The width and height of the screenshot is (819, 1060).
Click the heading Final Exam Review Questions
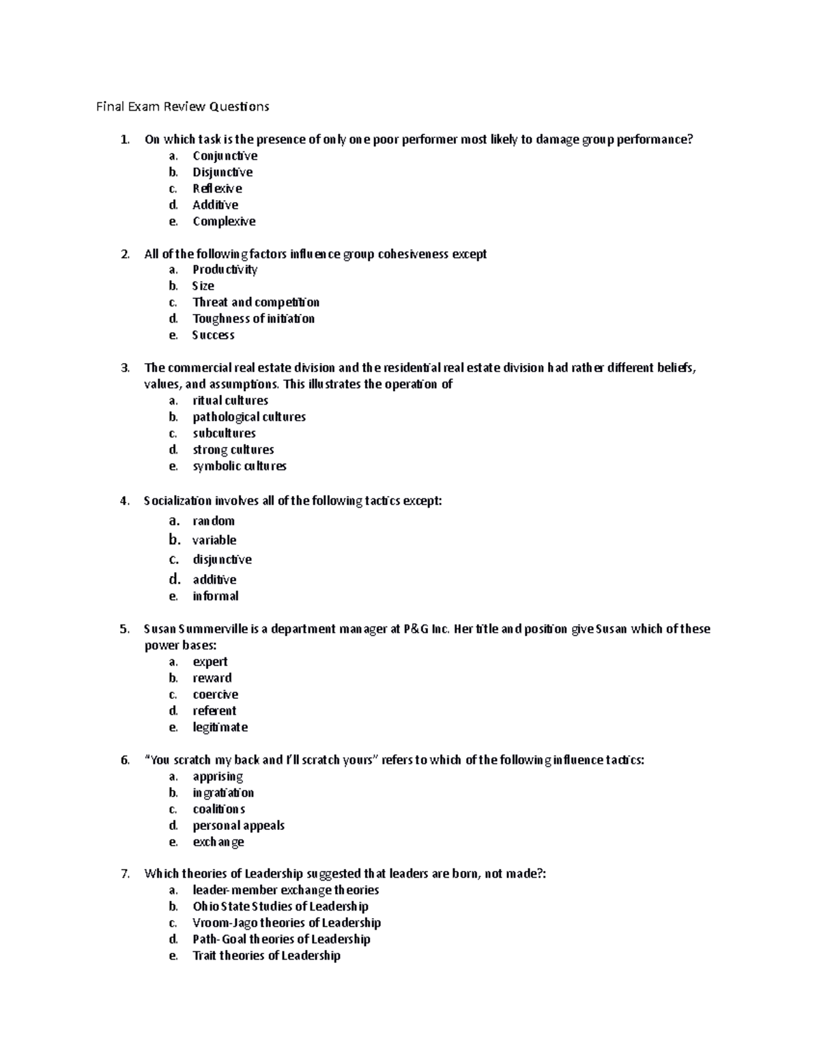pyautogui.click(x=182, y=106)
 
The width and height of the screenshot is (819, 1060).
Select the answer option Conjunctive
pyautogui.click(x=225, y=156)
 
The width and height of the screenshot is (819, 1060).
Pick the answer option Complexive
pyautogui.click(x=224, y=221)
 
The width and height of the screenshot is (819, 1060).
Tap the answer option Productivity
pyautogui.click(x=225, y=270)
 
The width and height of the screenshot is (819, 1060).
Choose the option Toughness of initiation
pyautogui.click(x=253, y=319)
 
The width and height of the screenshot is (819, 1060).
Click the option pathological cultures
pyautogui.click(x=249, y=417)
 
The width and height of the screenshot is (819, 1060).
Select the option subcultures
pyautogui.click(x=224, y=433)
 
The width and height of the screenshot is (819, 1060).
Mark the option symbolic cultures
pyautogui.click(x=240, y=466)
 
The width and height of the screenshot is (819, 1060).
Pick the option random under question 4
pyautogui.click(x=214, y=521)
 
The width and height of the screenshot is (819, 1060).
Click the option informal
pyautogui.click(x=216, y=596)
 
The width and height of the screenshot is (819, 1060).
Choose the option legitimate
pyautogui.click(x=220, y=727)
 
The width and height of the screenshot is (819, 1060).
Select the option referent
pyautogui.click(x=214, y=711)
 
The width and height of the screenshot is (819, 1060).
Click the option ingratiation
pyautogui.click(x=223, y=792)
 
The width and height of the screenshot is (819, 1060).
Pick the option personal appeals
pyautogui.click(x=238, y=825)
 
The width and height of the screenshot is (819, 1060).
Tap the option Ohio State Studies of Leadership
pyautogui.click(x=281, y=906)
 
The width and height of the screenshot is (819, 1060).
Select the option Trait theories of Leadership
pyautogui.click(x=266, y=956)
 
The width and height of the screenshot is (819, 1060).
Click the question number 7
pyautogui.click(x=124, y=874)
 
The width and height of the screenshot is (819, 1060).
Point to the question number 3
pyautogui.click(x=124, y=368)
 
